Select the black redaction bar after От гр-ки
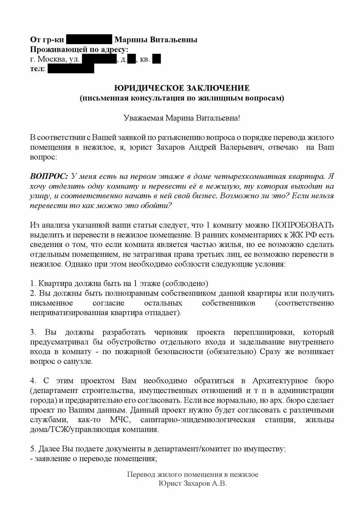89,40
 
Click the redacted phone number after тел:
71,69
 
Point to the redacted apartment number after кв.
156,59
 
